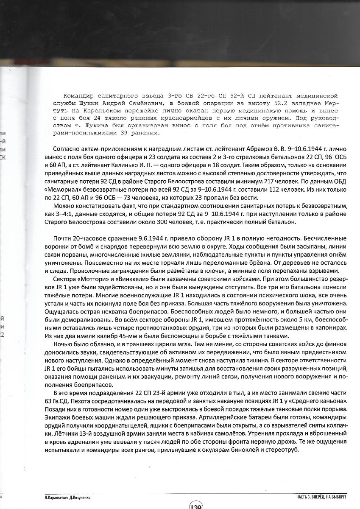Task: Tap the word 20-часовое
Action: click(85, 238)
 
